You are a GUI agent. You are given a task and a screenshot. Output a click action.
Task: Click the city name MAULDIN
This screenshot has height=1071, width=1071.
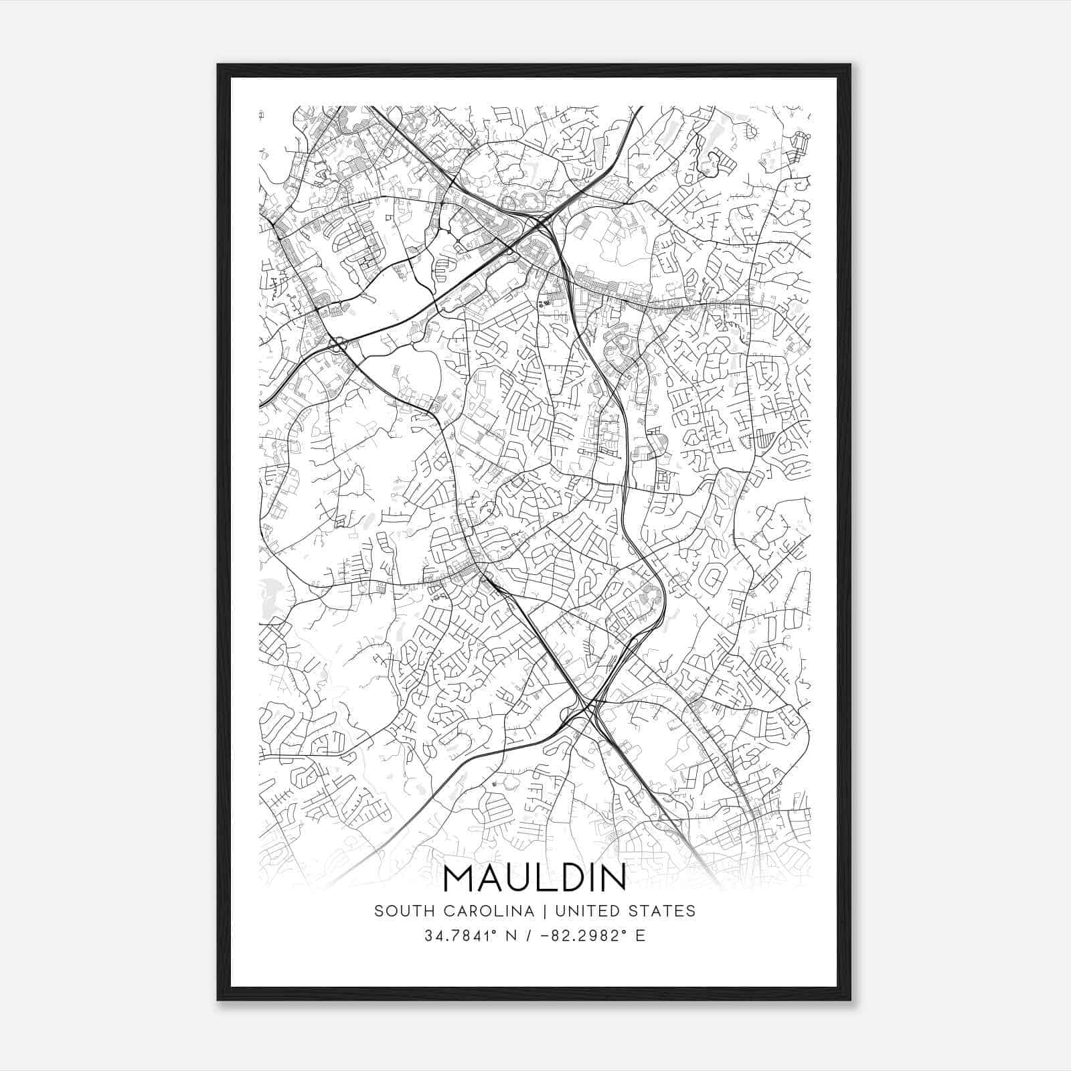point(534,878)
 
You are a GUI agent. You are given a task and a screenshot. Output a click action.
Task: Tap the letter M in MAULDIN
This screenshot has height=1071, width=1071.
point(459,878)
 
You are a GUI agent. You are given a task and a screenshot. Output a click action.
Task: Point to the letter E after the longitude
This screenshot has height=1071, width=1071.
point(641,936)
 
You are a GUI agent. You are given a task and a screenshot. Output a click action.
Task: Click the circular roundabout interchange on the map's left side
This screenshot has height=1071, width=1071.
point(338,345)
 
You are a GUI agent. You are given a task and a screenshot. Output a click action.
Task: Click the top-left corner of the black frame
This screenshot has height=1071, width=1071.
point(218,65)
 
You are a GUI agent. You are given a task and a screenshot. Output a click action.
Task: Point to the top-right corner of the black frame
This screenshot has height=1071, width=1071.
point(850,65)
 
